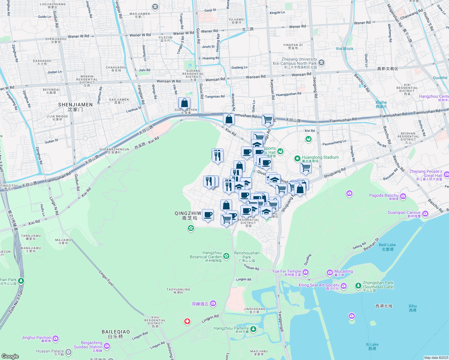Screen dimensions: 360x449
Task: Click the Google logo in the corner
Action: [10, 356]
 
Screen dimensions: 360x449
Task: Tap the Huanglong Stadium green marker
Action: [297, 158]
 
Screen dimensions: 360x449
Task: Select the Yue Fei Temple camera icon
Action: [306, 272]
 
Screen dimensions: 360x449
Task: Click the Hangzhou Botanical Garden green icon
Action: [226, 256]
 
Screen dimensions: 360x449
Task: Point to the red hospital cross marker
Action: [187, 322]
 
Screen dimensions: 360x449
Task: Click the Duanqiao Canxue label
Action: [404, 213]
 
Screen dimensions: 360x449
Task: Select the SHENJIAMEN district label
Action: [75, 105]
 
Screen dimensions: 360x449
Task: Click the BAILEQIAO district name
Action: [116, 332]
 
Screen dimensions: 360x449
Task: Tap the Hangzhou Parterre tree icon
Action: [253, 329]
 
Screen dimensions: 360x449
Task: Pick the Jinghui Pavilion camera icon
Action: [56, 339]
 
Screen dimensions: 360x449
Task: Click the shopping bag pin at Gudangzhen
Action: [184, 103]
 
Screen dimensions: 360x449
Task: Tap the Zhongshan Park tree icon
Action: [358, 285]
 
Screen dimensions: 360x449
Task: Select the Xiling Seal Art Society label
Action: [318, 285]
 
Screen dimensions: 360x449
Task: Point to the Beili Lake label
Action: [387, 245]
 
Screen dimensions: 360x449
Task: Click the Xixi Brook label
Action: [345, 49]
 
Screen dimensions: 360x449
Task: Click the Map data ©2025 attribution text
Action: [436, 358]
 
